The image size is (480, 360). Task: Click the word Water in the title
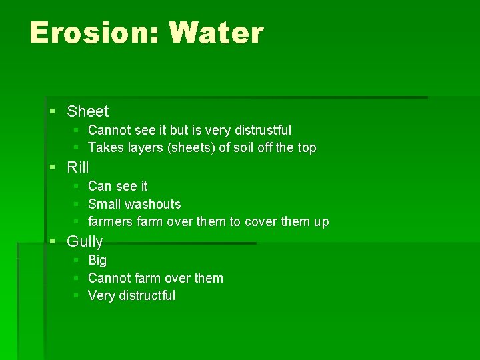tap(216, 32)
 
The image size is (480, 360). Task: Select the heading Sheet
tap(87, 111)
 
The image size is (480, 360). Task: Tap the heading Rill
tap(77, 167)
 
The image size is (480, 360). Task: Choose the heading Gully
tap(85, 241)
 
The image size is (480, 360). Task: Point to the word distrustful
tap(257, 130)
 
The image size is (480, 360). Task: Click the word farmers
tap(110, 221)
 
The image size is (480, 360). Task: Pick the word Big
tap(97, 260)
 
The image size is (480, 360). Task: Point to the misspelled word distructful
tap(147, 295)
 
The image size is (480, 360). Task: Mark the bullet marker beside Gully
tap(53, 241)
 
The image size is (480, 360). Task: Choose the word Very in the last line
tap(101, 295)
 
